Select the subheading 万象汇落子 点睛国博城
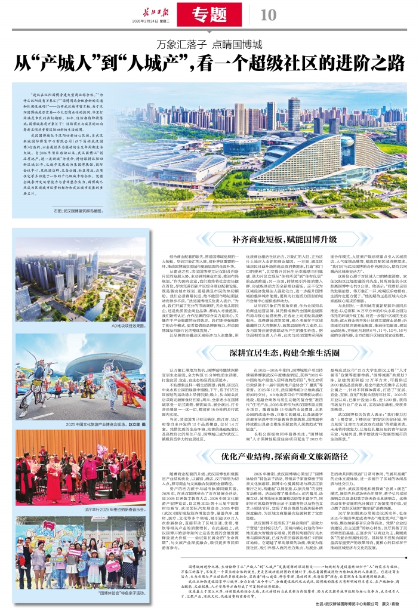point(209,45)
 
